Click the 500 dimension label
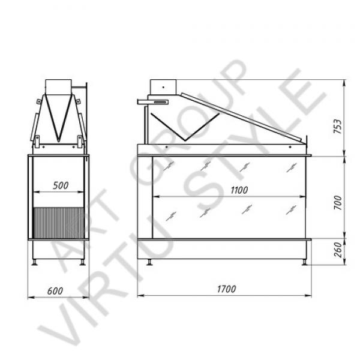61,185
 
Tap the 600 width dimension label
55,291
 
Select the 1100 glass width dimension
239,190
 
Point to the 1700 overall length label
226,289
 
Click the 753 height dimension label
337,126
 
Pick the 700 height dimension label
338,202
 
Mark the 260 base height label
338,250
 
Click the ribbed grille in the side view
59,223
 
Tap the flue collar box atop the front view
163,87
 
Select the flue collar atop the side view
59,87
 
